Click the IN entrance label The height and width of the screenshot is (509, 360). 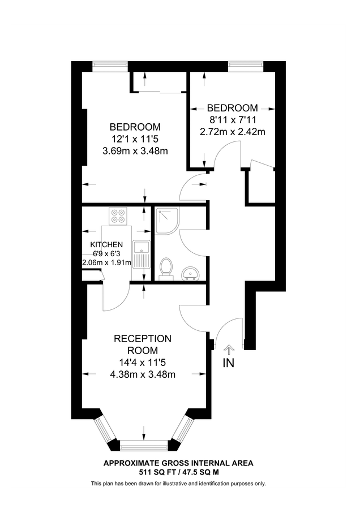228,363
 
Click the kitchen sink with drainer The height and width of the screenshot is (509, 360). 140,254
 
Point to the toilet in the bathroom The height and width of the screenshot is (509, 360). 166,269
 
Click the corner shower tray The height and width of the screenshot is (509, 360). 166,220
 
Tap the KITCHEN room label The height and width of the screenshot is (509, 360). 106,244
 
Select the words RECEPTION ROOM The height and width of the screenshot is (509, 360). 143,344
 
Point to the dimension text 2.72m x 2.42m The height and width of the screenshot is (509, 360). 233,132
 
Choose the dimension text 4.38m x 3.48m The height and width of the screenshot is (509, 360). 143,374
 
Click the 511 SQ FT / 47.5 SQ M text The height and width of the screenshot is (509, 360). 178,472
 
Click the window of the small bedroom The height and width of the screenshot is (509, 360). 246,64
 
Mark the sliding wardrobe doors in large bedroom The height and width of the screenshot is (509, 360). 159,90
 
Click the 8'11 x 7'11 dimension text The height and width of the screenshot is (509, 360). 233,119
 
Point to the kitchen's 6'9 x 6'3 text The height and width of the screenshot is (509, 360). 106,253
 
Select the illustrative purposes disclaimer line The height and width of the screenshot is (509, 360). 178,484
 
